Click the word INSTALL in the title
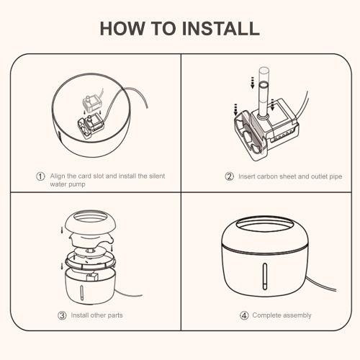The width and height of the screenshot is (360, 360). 221,29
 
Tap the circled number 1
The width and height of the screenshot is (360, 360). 40,176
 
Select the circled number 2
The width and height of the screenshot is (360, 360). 230,176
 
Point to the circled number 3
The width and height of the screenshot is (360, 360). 62,315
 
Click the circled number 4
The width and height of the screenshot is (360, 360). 244,315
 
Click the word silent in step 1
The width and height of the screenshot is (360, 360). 157,176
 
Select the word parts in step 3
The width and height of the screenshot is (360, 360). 115,315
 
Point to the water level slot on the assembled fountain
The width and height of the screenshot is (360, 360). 265,276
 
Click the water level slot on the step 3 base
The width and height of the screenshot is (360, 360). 81,292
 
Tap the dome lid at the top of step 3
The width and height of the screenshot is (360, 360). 91,221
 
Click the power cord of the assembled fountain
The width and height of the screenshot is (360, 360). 321,284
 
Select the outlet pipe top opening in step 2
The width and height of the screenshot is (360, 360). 264,85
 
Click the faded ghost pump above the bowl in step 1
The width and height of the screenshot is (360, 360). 92,104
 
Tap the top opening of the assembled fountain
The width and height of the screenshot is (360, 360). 265,225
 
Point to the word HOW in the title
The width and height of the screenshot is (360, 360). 122,29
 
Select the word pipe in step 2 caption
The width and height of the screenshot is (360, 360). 336,177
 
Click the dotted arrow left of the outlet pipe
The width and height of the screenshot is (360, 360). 252,83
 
